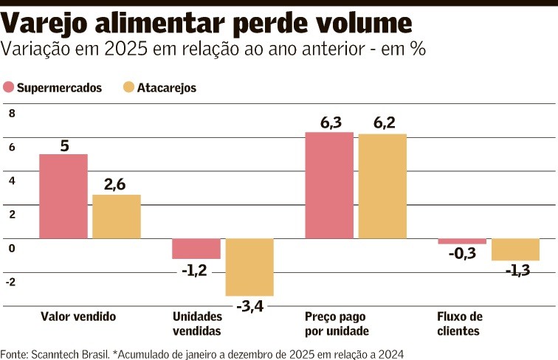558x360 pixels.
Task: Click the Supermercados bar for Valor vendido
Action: coord(63,196)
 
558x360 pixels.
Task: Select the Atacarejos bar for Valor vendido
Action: coord(117,217)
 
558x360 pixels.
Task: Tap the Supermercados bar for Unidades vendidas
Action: coord(196,249)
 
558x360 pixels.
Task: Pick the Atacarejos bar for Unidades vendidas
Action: coord(249,267)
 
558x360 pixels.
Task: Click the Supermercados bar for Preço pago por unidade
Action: coord(329,185)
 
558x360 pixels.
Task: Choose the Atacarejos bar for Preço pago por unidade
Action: coord(382,186)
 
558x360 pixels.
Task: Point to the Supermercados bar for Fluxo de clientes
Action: coord(462,241)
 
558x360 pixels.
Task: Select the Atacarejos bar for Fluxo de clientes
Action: coord(515,249)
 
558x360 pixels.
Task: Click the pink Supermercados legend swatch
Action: coord(9,88)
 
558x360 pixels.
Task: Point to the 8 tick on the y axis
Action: coord(11,114)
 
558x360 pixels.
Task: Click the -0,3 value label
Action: coord(462,254)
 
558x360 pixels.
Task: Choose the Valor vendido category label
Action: coord(78,316)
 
